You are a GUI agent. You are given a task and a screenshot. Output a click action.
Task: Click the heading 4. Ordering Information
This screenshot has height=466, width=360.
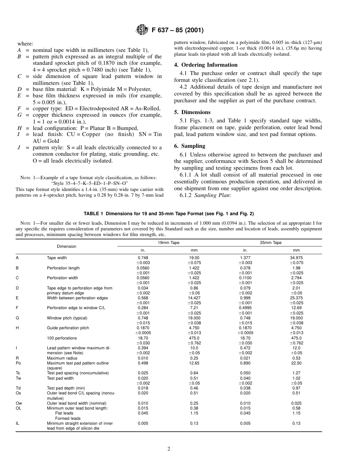(206, 65)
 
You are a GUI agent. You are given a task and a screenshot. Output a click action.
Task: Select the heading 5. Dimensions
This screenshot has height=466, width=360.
(192, 112)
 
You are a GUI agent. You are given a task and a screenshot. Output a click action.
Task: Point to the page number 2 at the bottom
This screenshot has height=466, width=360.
(169, 449)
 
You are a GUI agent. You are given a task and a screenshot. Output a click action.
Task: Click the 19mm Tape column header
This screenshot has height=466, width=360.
(169, 242)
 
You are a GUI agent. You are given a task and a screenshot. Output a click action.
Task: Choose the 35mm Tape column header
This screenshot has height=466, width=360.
(271, 242)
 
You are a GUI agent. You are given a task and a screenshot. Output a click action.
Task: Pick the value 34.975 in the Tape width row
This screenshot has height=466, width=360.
(296, 258)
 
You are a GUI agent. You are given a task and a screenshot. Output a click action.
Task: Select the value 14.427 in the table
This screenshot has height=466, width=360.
(194, 298)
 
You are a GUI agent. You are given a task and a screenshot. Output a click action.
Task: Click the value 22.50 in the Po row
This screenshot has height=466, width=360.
(296, 363)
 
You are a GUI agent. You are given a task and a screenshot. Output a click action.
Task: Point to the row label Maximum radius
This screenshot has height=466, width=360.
(59, 358)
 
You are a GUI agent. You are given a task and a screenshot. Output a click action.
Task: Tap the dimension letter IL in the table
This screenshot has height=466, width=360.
(18, 423)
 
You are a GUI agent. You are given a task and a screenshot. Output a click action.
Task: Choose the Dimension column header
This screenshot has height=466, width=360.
(66, 246)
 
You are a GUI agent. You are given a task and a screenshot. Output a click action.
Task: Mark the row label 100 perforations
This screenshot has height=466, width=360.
(62, 338)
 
